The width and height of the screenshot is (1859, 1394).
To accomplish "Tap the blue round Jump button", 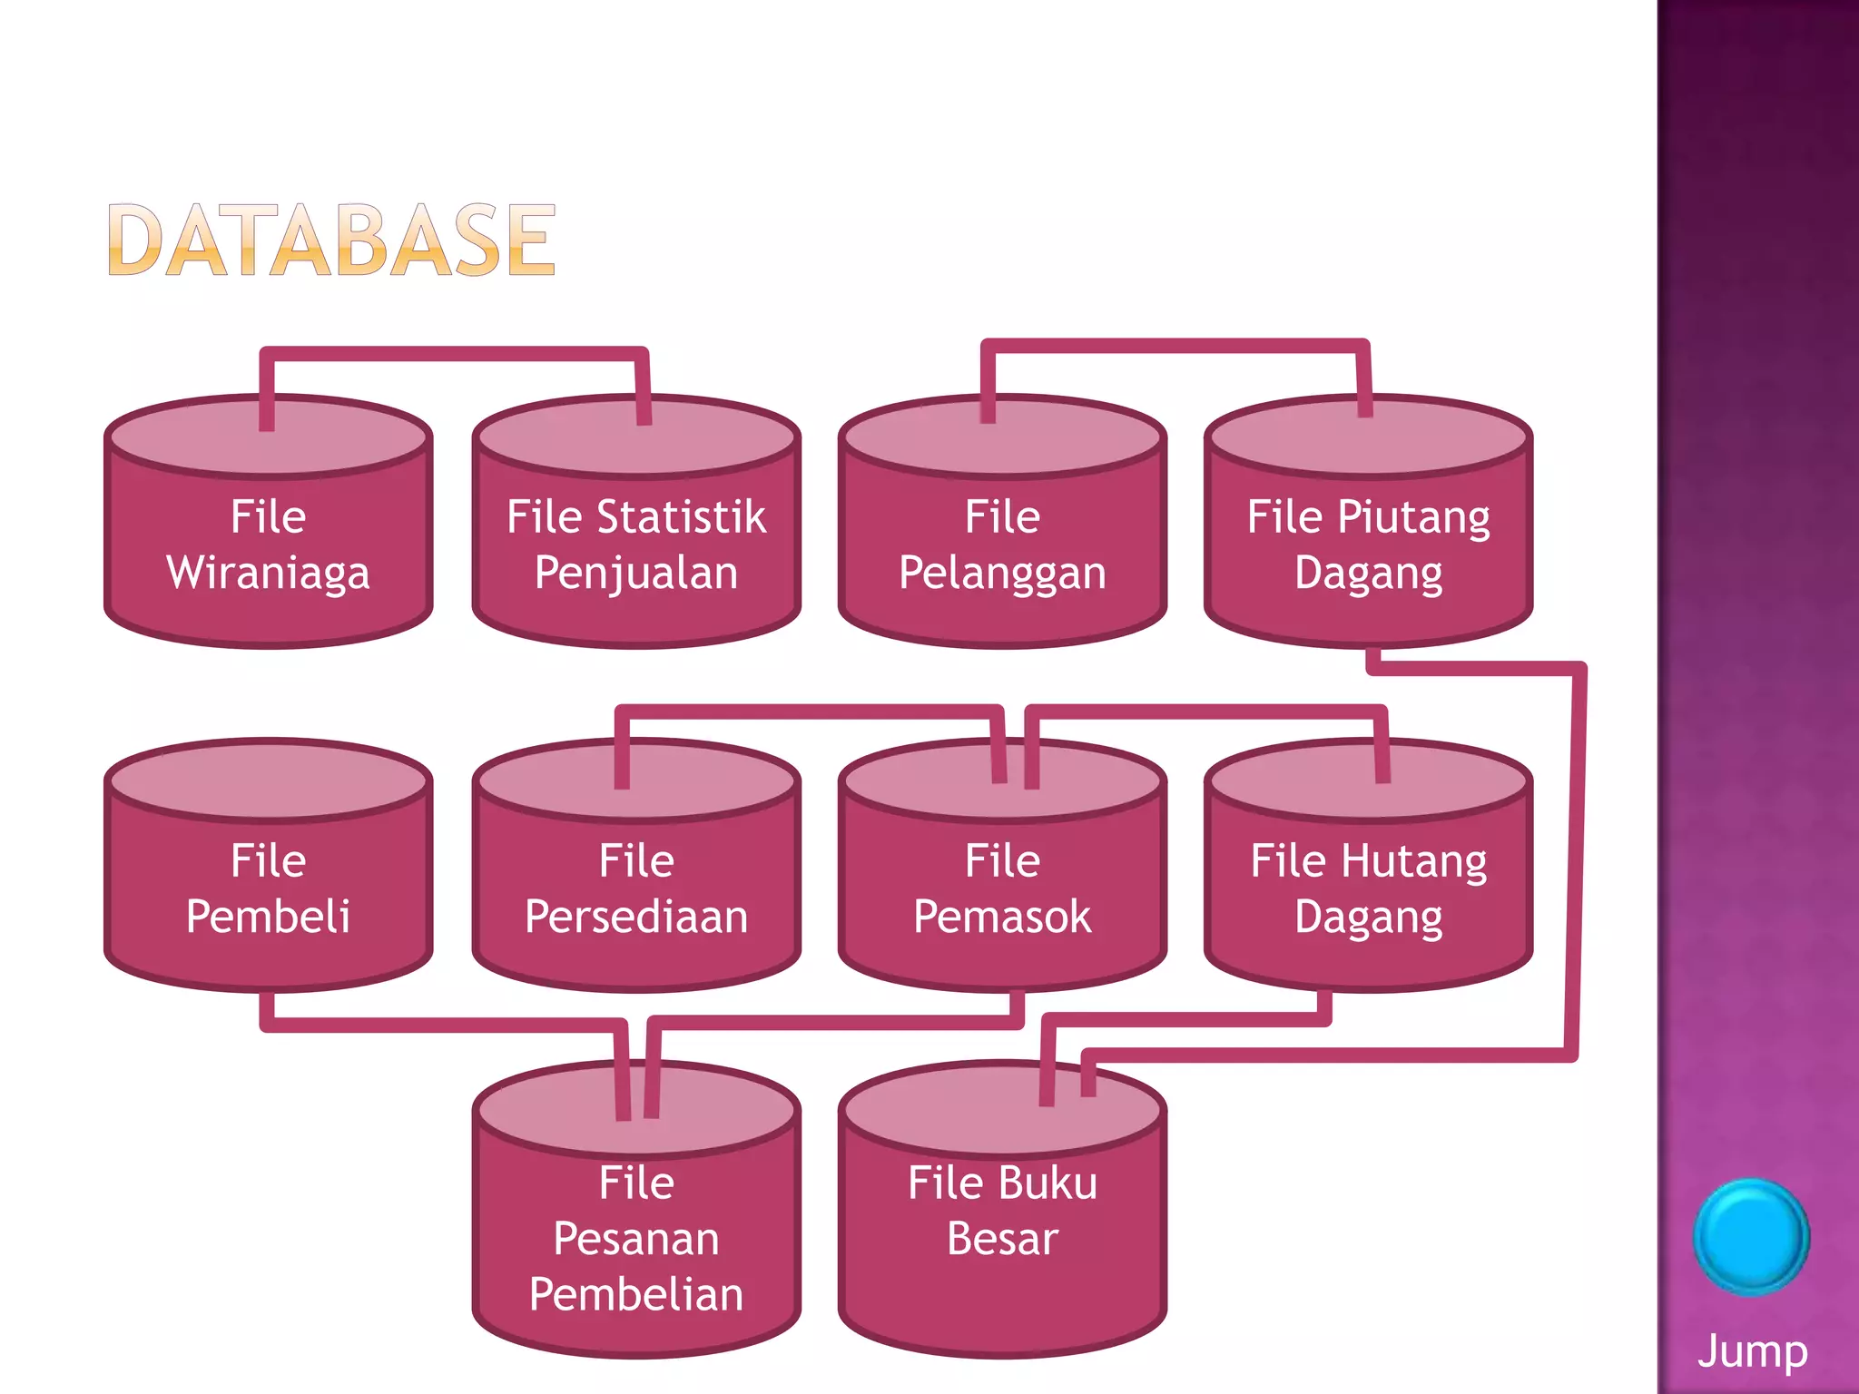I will pos(1751,1236).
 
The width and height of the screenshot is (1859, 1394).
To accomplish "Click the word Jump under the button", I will pos(1752,1351).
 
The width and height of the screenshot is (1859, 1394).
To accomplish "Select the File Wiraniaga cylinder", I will pos(268,545).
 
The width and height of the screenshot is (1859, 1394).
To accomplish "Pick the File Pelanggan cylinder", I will pos(1002,545).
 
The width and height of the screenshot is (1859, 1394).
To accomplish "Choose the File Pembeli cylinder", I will pos(268,889).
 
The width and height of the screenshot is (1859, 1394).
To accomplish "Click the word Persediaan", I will pos(636,917).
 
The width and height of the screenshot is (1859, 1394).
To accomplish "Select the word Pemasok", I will pos(1002,917).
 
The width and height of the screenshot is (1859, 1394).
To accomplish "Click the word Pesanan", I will pos(636,1239).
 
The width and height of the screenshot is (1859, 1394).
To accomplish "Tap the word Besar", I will pos(1002,1239).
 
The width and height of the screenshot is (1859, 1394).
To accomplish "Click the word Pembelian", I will pos(636,1294).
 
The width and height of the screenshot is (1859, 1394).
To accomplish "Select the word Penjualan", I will pos(636,574).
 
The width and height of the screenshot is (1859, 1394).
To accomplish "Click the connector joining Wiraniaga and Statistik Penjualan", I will pos(454,354).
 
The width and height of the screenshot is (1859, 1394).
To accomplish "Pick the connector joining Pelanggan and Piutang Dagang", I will pos(1175,346).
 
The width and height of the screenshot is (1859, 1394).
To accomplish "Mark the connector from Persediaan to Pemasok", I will pos(808,712).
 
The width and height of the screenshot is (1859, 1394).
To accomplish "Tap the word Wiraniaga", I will pos(268,574).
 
